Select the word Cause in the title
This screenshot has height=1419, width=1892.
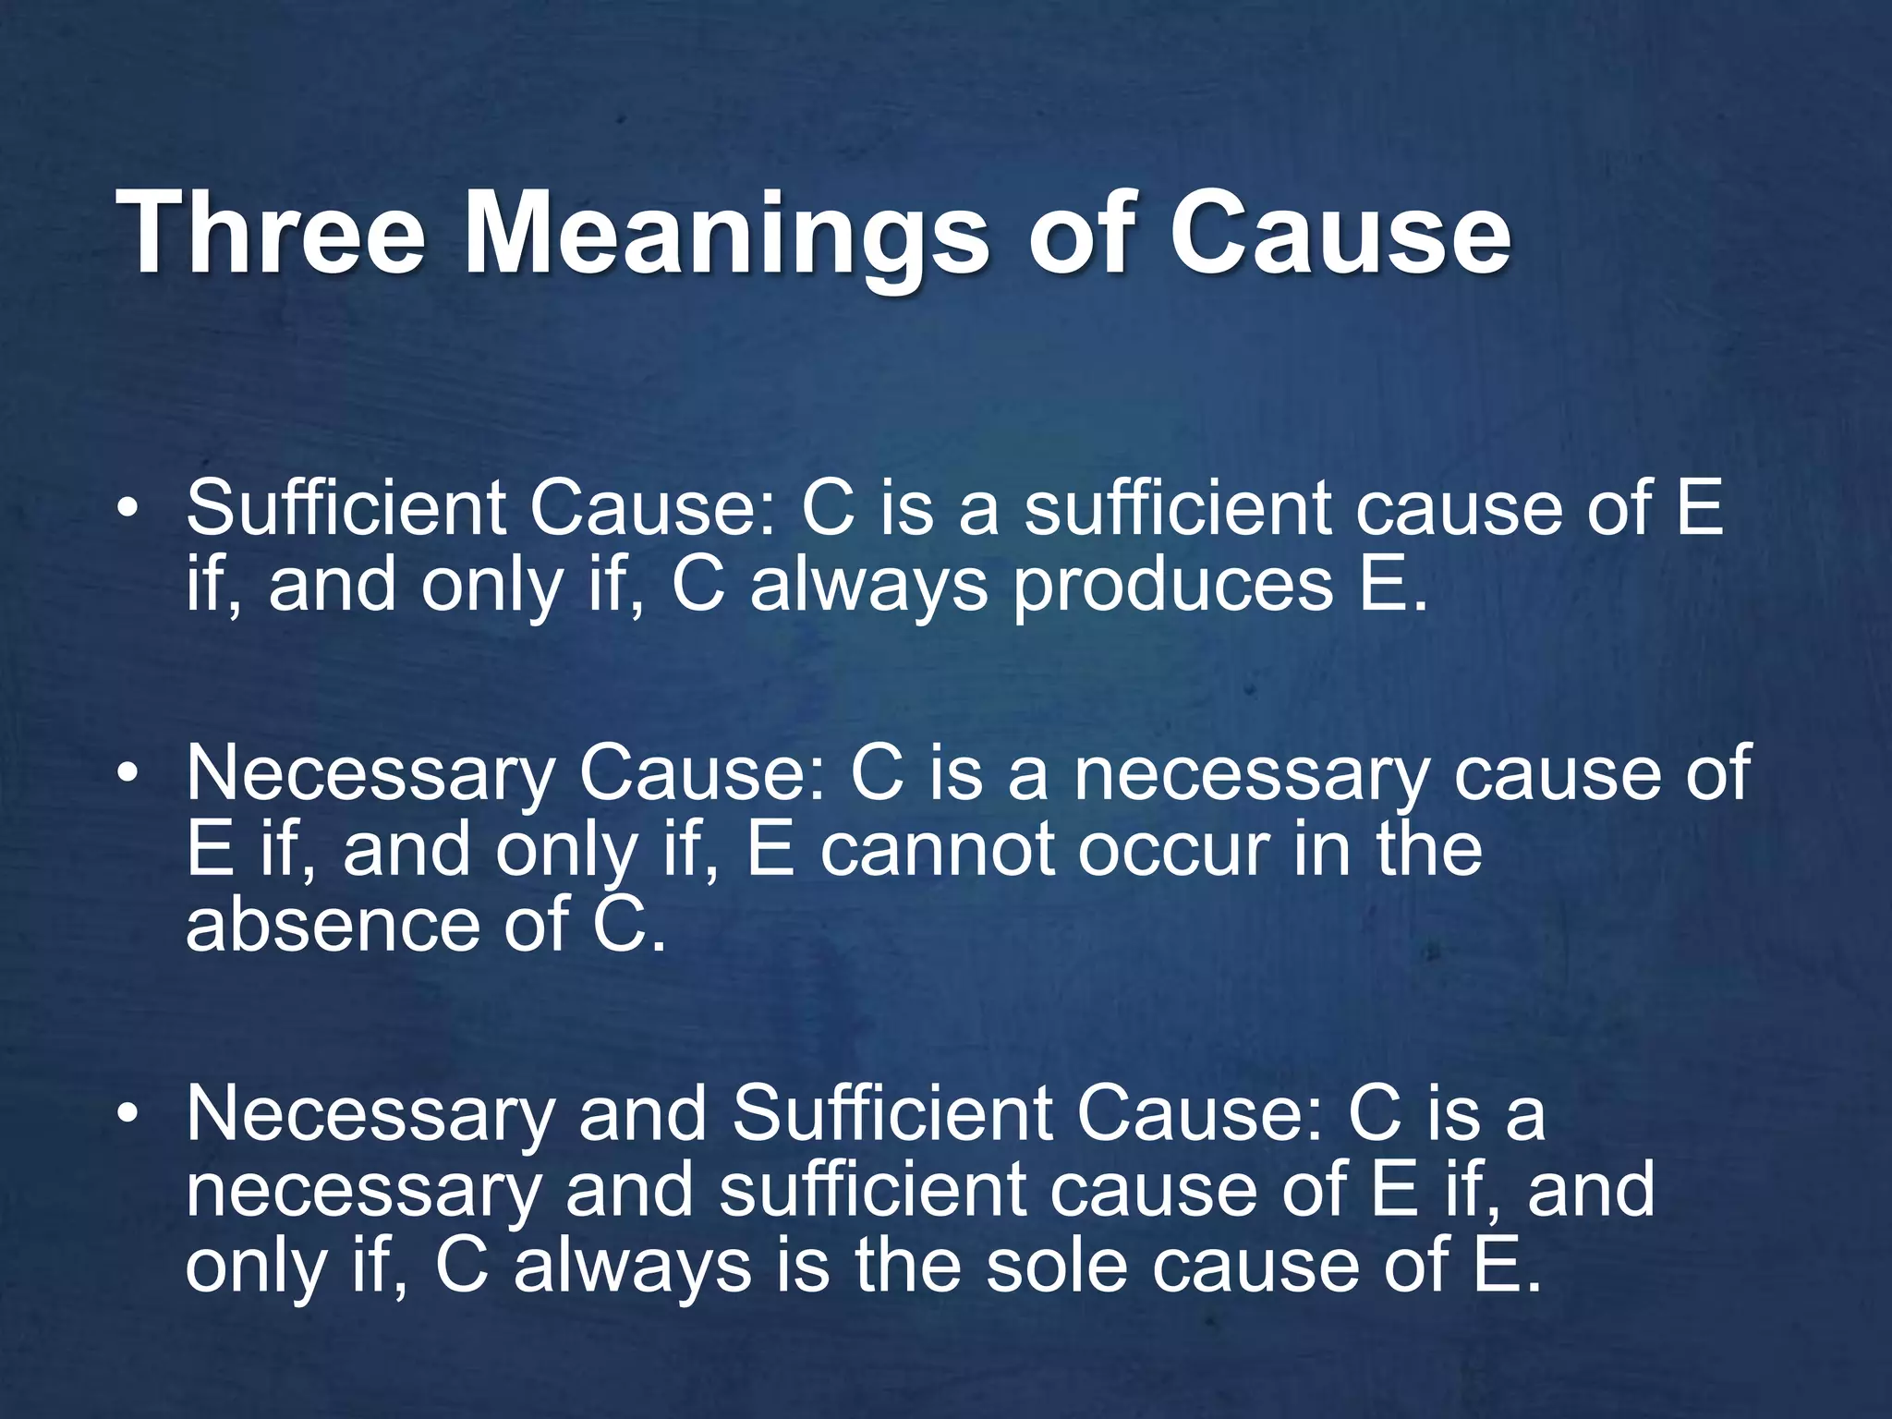pos(1340,233)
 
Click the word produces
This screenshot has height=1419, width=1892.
pos(1173,588)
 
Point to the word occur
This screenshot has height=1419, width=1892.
pos(1173,850)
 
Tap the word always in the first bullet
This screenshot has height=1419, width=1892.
pos(868,588)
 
